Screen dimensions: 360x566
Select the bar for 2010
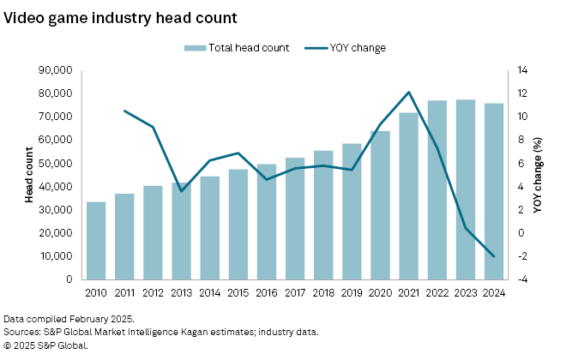97,241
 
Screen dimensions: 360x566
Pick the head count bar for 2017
296,219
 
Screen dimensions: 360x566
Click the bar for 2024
494,191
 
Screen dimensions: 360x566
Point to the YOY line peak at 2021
409,92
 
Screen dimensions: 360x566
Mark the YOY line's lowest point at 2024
494,256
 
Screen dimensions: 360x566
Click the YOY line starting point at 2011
125,111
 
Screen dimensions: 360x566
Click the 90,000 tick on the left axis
54,69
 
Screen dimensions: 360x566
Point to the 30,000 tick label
54,209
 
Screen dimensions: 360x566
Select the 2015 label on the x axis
238,292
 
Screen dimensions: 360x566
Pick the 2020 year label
381,292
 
